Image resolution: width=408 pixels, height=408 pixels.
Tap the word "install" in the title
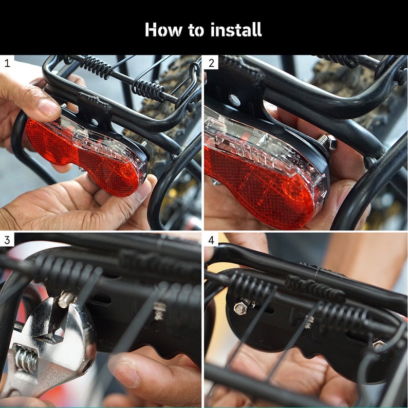[x=234, y=30]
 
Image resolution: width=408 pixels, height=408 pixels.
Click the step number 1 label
[x=7, y=63]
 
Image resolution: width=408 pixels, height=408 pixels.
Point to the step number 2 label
[x=211, y=63]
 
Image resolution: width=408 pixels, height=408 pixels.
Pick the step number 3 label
[x=7, y=240]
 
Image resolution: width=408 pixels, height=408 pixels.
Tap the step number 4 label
[x=211, y=240]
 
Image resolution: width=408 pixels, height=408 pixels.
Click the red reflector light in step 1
[x=82, y=154]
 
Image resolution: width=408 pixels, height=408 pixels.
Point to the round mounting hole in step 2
[x=234, y=100]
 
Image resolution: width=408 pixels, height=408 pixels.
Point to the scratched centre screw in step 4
[x=309, y=322]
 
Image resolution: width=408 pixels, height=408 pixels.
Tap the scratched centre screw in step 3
[x=160, y=311]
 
